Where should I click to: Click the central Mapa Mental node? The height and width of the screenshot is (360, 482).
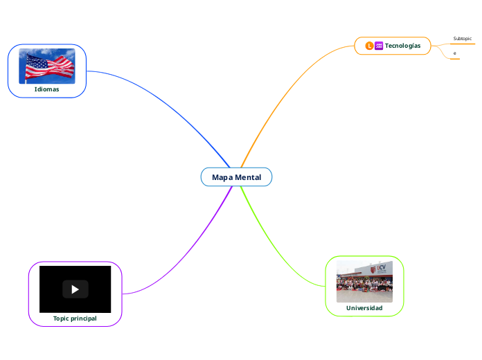[237, 177]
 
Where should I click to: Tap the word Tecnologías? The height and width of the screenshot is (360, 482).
[402, 46]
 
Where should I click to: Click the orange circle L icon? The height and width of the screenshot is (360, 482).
[369, 46]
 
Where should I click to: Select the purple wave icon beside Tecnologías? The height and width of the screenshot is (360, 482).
[379, 46]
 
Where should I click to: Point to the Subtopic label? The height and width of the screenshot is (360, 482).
[462, 38]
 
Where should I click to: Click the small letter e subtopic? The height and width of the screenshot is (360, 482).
[454, 53]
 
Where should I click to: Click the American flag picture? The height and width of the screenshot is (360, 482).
[47, 66]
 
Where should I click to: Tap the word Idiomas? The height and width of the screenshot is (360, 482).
[46, 89]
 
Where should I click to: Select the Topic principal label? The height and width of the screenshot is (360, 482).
[75, 318]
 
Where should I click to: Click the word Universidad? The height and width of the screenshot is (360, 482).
[364, 307]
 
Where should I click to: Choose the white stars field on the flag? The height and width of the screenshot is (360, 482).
[33, 60]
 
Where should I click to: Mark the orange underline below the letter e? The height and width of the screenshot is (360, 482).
[454, 59]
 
